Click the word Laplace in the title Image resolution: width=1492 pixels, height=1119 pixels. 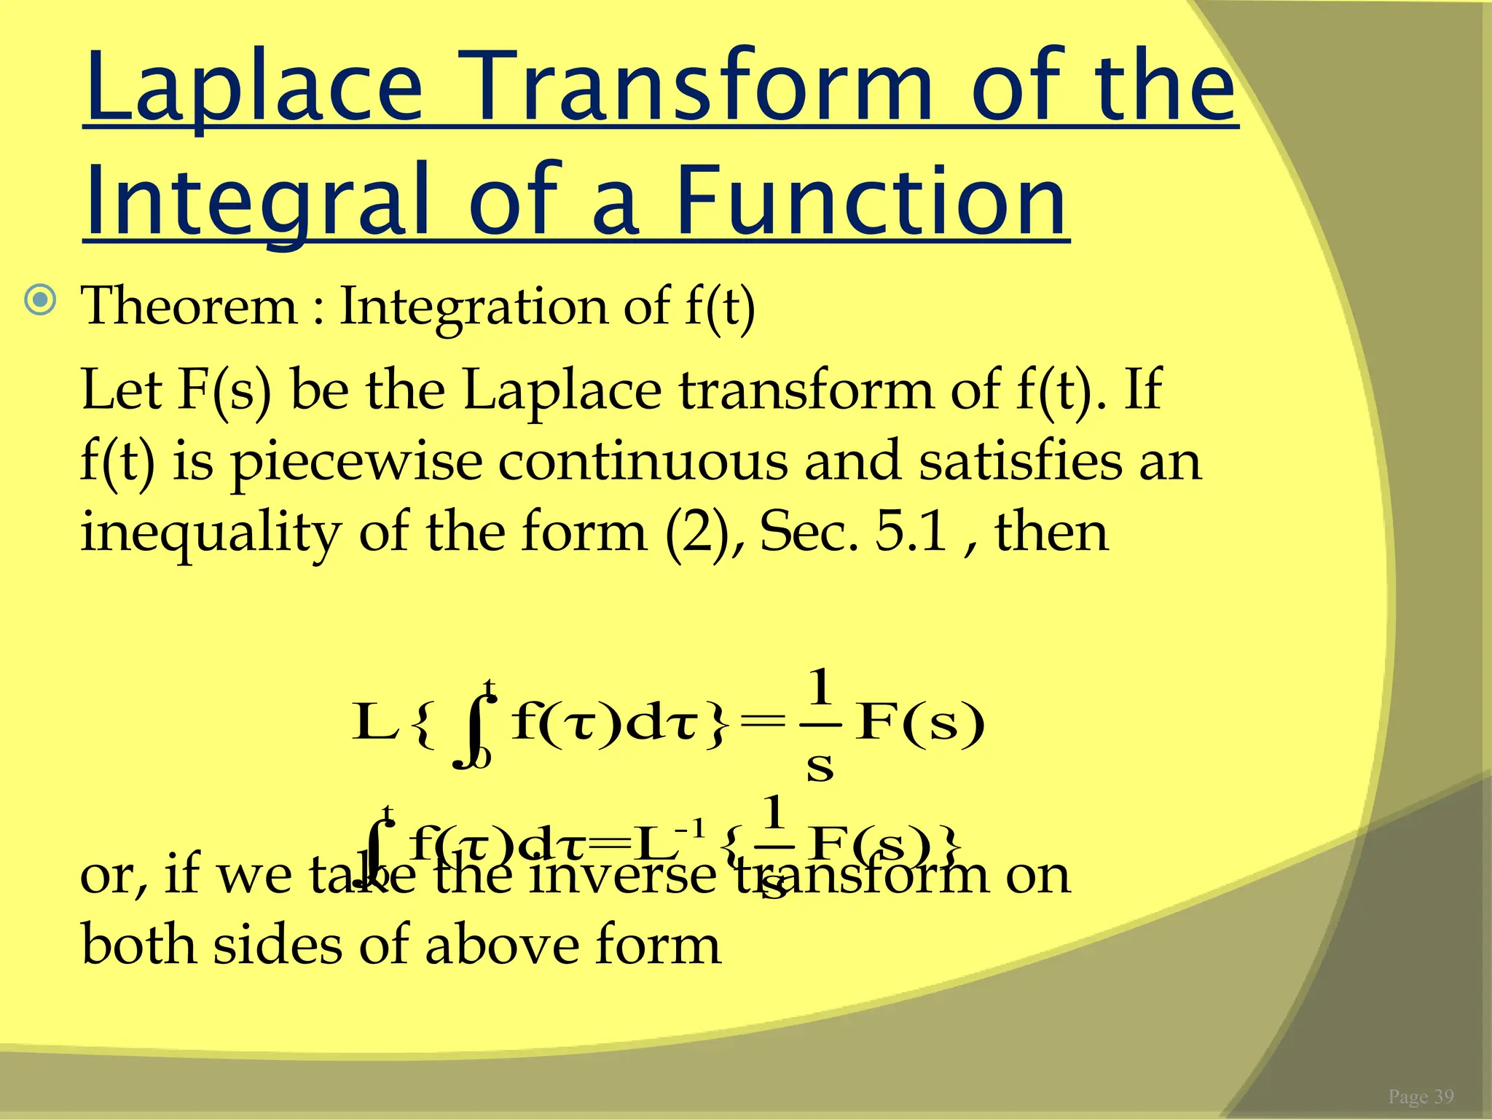click(254, 87)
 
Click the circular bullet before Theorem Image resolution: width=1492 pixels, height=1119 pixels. click(40, 300)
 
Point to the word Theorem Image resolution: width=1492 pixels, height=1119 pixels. click(189, 306)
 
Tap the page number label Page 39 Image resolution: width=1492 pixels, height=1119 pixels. click(1421, 1096)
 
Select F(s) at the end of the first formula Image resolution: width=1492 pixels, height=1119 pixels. click(921, 723)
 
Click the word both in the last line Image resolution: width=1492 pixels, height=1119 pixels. click(138, 945)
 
